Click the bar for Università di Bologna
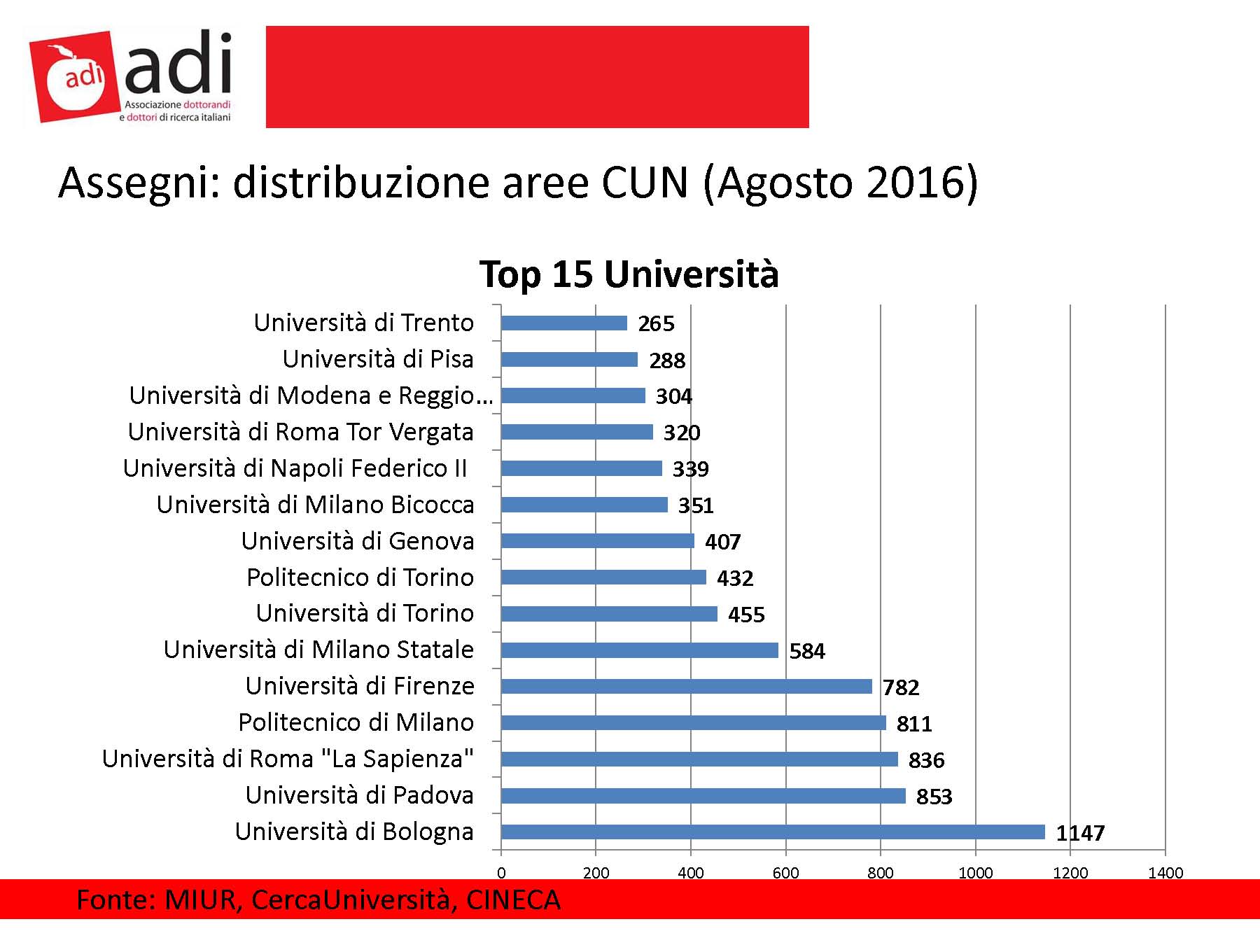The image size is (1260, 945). pos(773,832)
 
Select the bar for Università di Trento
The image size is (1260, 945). pos(564,323)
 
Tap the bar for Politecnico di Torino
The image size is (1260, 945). pos(603,577)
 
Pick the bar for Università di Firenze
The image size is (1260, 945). pos(686,686)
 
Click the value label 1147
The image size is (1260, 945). pos(1080,833)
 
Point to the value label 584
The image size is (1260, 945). pos(807,652)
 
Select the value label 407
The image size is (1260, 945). pos(722,542)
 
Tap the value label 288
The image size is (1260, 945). pos(667,360)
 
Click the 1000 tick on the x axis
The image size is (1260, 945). pos(975,872)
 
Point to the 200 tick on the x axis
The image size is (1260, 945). pos(596,872)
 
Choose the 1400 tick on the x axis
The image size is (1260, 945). pos(1165,872)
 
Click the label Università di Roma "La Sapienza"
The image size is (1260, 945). pos(288,759)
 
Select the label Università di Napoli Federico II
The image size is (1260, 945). pos(295,468)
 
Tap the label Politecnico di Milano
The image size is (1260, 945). pos(356,722)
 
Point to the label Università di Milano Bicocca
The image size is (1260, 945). pos(315,505)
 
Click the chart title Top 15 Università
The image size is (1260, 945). pos(629,274)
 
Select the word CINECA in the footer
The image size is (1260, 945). pos(513,900)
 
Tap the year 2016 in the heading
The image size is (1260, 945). pos(913,183)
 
